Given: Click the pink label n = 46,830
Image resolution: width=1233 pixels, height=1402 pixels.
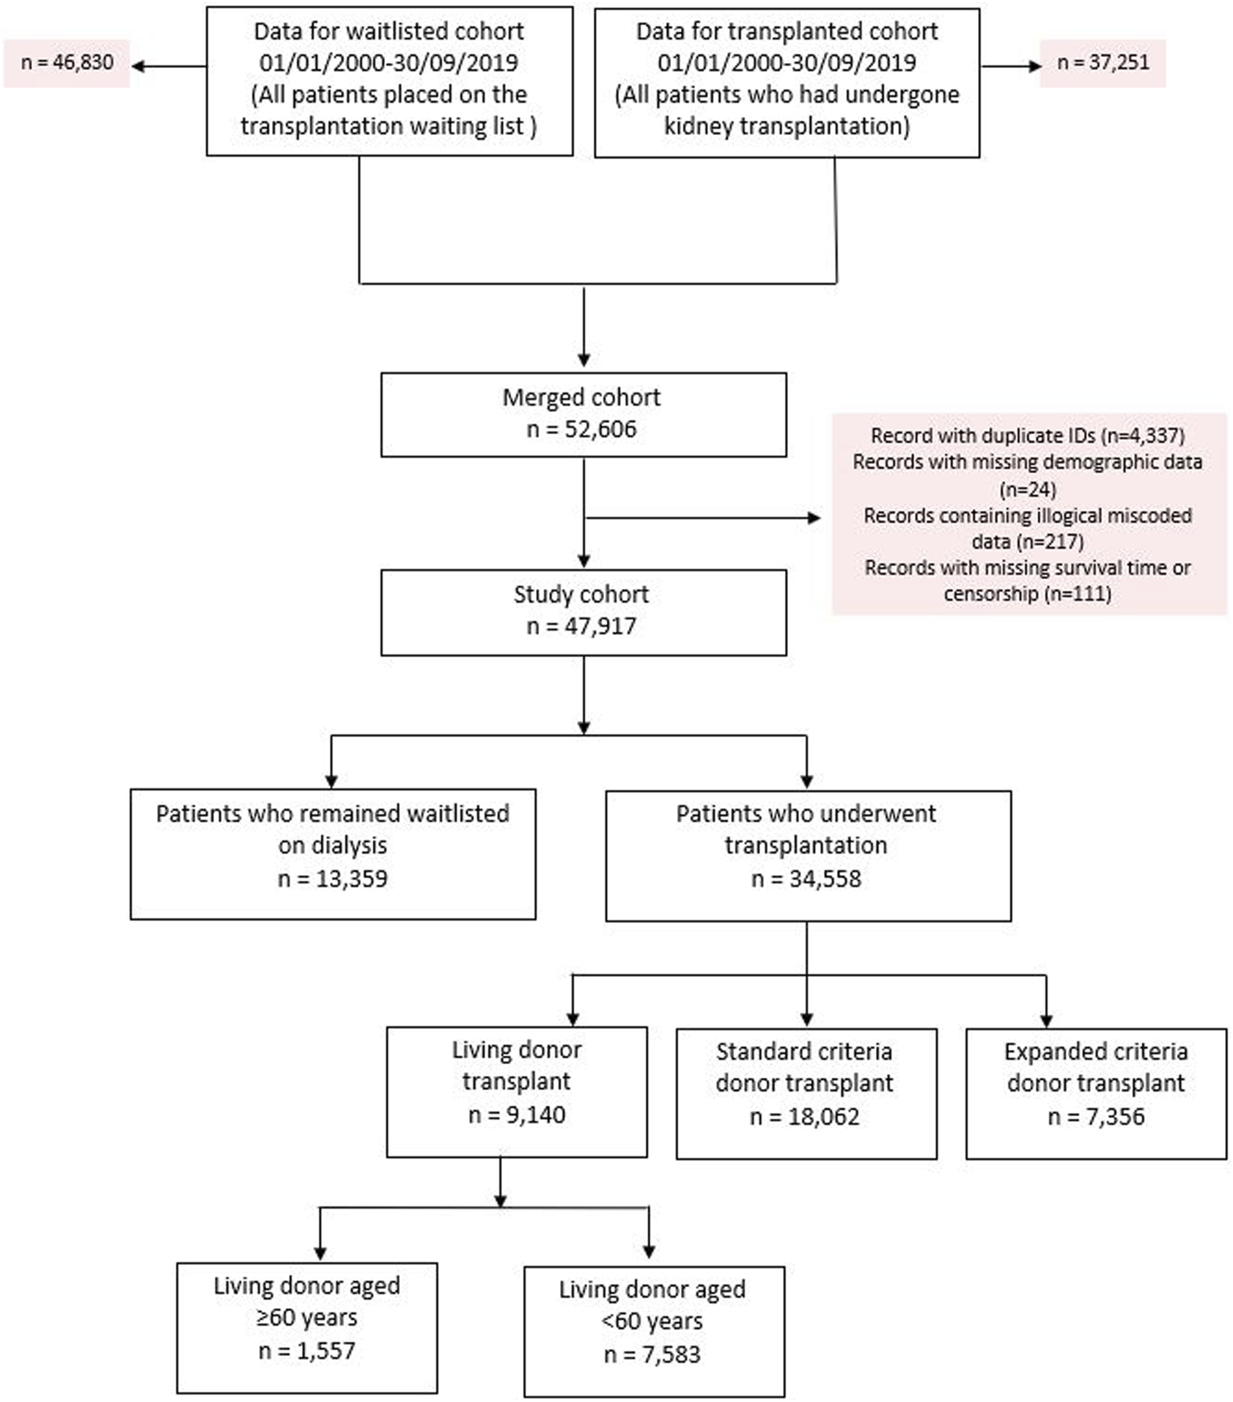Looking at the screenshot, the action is coord(67,63).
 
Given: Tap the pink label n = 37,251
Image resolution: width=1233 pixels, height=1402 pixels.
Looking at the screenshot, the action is coord(1103,63).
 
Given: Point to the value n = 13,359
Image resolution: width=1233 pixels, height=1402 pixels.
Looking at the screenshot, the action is coord(333,878).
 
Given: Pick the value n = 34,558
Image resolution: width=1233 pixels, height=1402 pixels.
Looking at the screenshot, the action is coord(806,878).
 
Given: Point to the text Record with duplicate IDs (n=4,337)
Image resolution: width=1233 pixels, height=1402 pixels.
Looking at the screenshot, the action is coord(1028,436).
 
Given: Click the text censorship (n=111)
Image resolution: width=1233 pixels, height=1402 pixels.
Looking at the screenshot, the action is coord(1028,593).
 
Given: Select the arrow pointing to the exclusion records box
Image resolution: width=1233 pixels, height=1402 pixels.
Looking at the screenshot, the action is coord(704,518).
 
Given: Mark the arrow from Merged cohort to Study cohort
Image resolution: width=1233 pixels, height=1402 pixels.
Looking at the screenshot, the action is coord(584,513).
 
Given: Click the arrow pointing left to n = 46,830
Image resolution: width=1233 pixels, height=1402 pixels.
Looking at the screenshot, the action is coord(169,67).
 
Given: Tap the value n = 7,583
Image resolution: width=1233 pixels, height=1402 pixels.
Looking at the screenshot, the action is coord(652,1354).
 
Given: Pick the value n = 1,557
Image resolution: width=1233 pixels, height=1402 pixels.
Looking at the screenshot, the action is coord(307,1350).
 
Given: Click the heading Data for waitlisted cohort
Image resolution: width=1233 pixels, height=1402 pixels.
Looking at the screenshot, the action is coord(389,32).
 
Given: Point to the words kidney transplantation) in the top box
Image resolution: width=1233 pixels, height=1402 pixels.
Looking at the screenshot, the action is coord(787,126).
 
